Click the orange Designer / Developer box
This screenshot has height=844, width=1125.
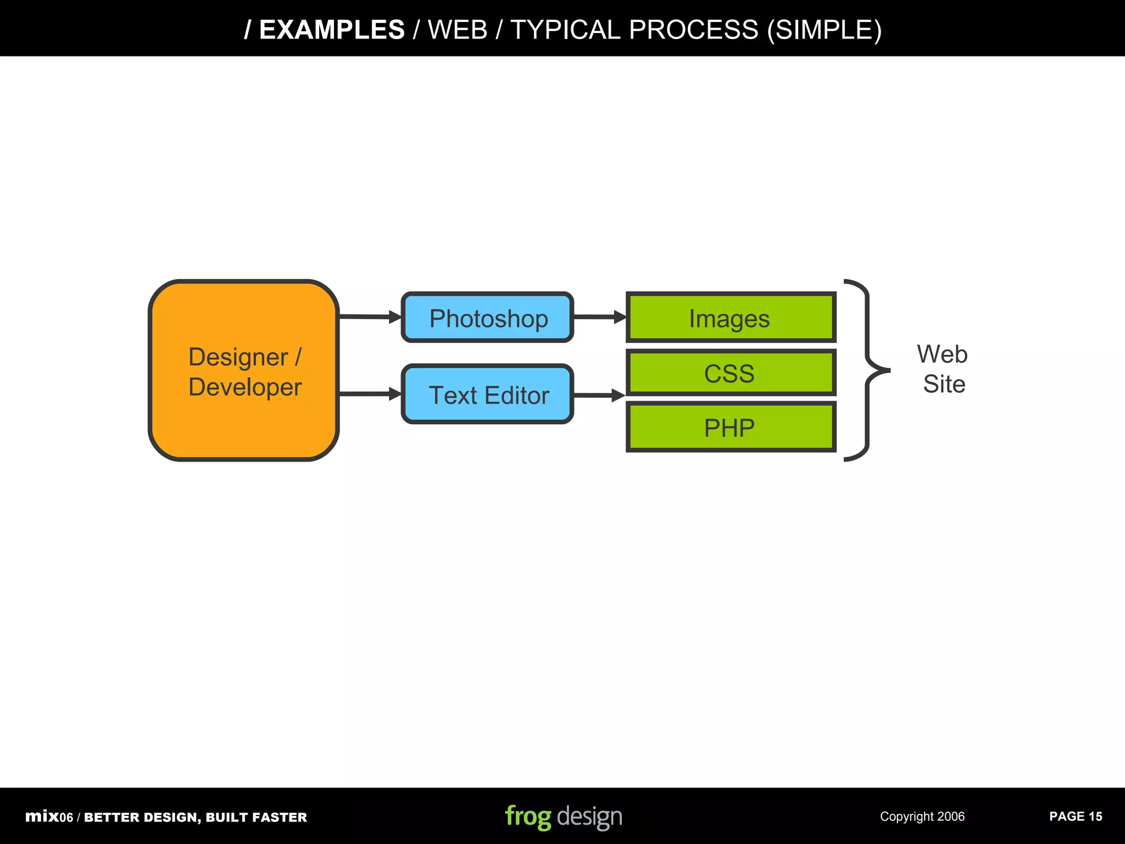pyautogui.click(x=243, y=371)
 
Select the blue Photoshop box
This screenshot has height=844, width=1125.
pyautogui.click(x=488, y=318)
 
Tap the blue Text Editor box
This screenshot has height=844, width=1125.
pyautogui.click(x=488, y=395)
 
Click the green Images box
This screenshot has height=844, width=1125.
pyautogui.click(x=731, y=318)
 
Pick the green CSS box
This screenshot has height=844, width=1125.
pyautogui.click(x=731, y=373)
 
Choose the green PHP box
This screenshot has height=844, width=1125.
pyautogui.click(x=731, y=427)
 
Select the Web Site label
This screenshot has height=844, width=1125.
pyautogui.click(x=943, y=369)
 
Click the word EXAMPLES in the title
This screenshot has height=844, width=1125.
pyautogui.click(x=332, y=30)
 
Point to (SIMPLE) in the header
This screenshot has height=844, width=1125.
pyautogui.click(x=824, y=30)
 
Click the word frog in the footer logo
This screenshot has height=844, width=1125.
pyautogui.click(x=527, y=817)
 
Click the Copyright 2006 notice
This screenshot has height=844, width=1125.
pyautogui.click(x=922, y=817)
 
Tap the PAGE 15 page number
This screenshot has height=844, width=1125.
pyautogui.click(x=1075, y=817)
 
